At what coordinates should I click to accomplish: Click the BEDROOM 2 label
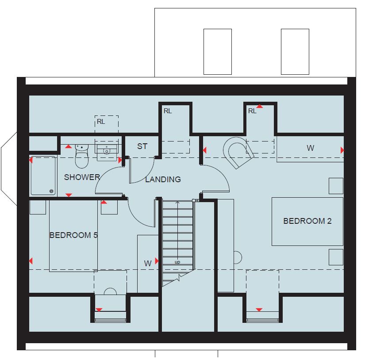(307, 221)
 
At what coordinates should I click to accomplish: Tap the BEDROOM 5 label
(73, 235)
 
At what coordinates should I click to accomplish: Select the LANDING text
(163, 179)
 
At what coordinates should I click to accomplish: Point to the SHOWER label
(82, 177)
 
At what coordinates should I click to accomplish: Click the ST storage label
(142, 146)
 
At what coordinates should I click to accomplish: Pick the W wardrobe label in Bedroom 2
(310, 148)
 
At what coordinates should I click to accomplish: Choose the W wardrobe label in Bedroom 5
(148, 264)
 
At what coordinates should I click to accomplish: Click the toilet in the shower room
(82, 156)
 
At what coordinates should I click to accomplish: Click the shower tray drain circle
(51, 191)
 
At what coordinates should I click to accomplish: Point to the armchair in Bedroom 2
(238, 153)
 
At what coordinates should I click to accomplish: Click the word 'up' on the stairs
(177, 262)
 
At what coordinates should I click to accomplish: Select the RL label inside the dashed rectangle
(101, 122)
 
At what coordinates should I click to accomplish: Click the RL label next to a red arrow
(252, 111)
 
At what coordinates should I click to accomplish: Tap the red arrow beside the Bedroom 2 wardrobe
(342, 150)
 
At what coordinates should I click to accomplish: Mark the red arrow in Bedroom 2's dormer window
(259, 310)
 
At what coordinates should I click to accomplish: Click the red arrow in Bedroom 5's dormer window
(99, 310)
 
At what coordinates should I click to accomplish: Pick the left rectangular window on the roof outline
(218, 52)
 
